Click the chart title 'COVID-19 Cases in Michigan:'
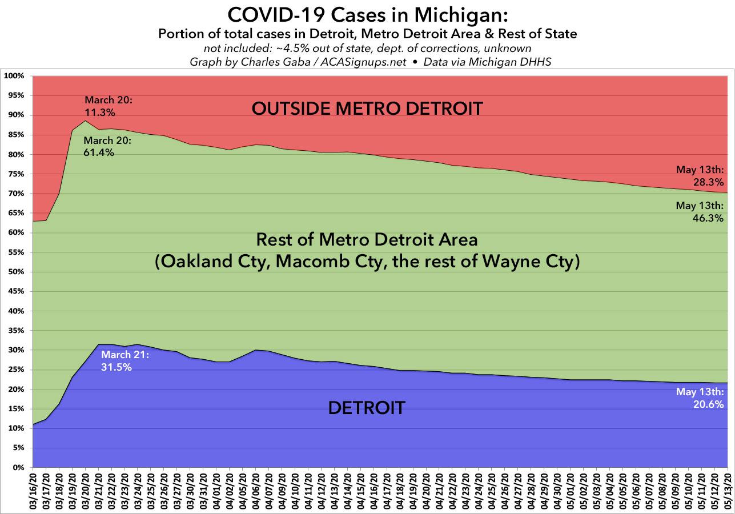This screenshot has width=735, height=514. pos(367,14)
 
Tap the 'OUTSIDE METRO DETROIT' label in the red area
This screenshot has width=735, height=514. pos(367,107)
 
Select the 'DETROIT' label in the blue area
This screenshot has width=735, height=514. pos(367,408)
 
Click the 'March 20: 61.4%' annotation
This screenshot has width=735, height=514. pos(107,147)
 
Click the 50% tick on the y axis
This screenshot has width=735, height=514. pos(15,272)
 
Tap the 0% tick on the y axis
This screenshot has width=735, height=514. pos(17,468)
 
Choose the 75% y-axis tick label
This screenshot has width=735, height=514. pos(15,174)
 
